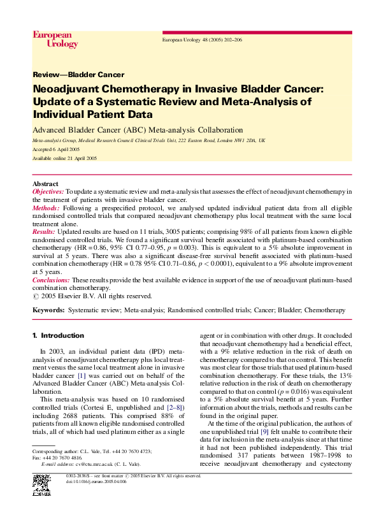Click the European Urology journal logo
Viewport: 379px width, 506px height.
[x=55, y=40]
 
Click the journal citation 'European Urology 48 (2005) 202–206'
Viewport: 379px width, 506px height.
[x=202, y=40]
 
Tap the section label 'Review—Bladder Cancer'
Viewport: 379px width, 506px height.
[x=78, y=75]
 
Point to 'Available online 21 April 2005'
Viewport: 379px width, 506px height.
[x=64, y=158]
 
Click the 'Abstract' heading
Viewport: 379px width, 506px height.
[x=45, y=184]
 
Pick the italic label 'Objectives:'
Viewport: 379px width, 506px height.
[x=48, y=191]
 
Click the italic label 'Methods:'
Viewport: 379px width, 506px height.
[x=46, y=208]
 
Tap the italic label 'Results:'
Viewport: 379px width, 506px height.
[x=43, y=233]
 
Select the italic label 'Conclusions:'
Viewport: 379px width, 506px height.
[x=51, y=280]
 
